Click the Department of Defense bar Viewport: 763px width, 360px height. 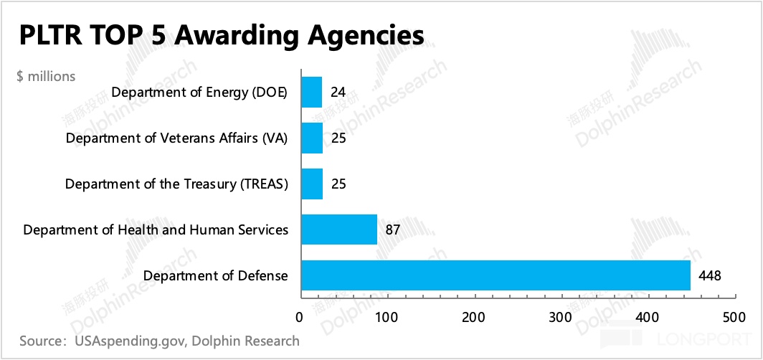[x=495, y=275]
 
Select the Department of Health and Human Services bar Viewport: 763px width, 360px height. [x=338, y=229]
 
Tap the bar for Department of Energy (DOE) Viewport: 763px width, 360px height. [x=311, y=92]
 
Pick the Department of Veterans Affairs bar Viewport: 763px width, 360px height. [x=311, y=138]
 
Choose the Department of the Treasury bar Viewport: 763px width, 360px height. [x=311, y=184]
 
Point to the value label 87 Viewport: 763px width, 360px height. [x=392, y=229]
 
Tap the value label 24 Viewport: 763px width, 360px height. [x=338, y=92]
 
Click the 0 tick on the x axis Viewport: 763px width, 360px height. [x=300, y=316]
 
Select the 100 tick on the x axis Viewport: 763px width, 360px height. [x=387, y=316]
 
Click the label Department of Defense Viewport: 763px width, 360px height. [x=215, y=275]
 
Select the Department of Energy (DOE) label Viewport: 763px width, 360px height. [x=199, y=93]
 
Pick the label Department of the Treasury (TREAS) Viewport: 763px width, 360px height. [x=176, y=184]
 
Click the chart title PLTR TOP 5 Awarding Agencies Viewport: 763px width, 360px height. [x=222, y=35]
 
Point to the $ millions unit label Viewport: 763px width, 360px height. [x=46, y=76]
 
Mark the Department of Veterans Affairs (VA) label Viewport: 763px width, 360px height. [x=176, y=138]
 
